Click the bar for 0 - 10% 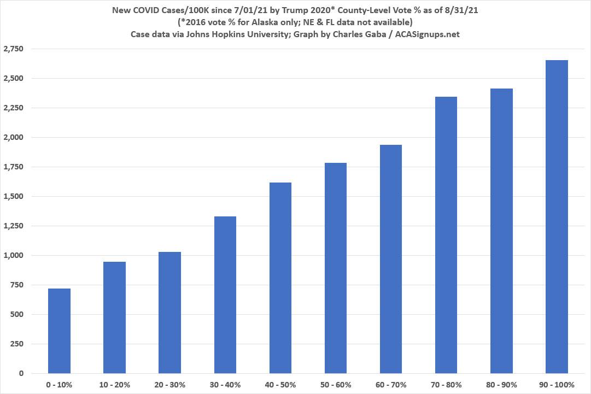click(59, 331)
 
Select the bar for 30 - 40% click(225, 295)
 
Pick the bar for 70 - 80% click(446, 235)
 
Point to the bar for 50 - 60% click(335, 268)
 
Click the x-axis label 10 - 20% click(114, 385)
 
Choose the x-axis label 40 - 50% click(280, 385)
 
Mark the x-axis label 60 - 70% click(390, 385)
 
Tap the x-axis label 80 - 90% click(501, 385)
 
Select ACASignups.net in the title click(431, 34)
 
